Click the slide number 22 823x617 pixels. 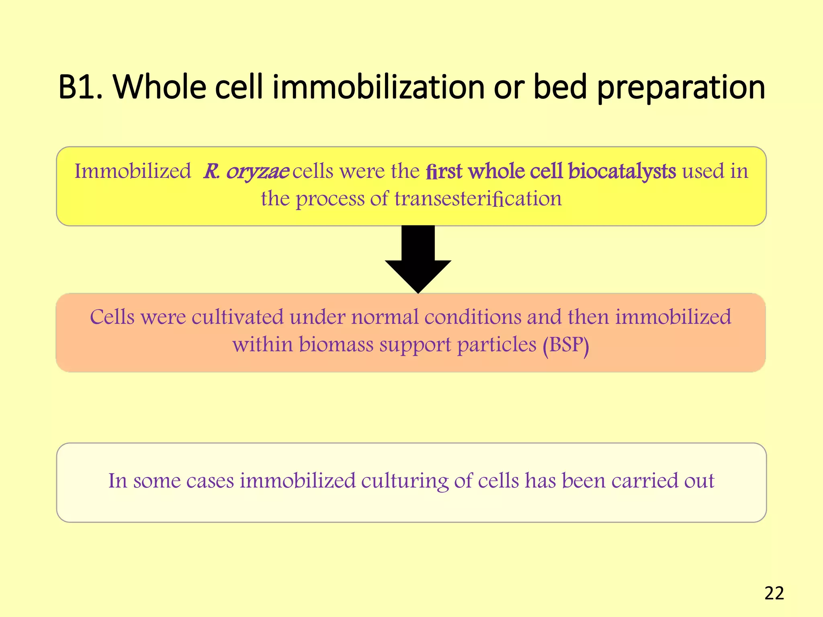point(774,593)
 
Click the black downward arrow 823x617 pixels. point(418,257)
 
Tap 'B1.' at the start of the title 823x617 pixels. point(80,87)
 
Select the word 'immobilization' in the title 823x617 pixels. point(378,87)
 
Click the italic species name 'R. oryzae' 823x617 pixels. point(246,172)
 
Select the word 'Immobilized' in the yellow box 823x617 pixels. point(133,171)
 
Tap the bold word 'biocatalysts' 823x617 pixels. point(622,171)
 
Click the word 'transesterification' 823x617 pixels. point(478,198)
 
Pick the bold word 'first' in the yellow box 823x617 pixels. point(444,171)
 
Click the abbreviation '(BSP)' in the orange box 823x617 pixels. point(566,345)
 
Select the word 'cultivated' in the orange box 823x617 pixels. point(237,317)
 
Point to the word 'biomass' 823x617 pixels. point(336,345)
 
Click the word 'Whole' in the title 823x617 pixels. point(160,87)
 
